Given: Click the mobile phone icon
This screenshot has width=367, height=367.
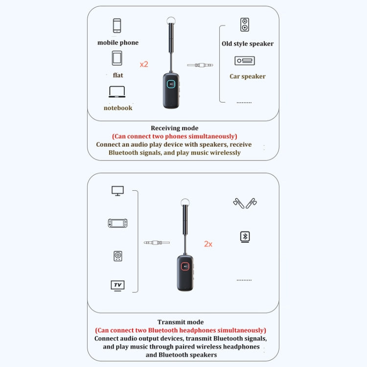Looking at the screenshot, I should pos(117,26).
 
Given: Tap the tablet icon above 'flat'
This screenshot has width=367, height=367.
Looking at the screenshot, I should pos(117,58).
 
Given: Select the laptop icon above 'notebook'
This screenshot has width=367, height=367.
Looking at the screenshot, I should pos(117,92).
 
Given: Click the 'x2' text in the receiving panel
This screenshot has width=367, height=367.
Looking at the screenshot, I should pos(144,64).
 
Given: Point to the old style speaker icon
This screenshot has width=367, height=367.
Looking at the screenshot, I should pos(245,24).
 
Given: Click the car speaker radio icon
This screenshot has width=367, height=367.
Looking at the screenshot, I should pos(245,61).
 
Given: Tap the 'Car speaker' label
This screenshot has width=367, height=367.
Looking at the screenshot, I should pos(248,76).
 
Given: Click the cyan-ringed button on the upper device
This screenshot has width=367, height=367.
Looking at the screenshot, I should pos(171,84).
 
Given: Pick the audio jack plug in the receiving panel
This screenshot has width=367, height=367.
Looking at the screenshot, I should pos(201,65).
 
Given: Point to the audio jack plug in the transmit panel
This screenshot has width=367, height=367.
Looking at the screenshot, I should pos(157,242).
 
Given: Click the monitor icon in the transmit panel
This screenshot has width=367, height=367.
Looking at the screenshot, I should pos(117,190).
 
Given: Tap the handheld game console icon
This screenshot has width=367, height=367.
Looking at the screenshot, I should pos(117,223).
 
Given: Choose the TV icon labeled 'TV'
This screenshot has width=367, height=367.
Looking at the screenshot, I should pos(117,285).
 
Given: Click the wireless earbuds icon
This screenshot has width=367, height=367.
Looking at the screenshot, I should pos(245,203).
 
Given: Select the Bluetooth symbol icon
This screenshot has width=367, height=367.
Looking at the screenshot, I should pos(245,237).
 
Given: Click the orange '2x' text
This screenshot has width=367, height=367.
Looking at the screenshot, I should pos(208,243).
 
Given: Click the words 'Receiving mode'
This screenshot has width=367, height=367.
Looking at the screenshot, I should pos(175,128).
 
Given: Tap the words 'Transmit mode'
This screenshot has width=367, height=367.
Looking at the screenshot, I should pos(181,322).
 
